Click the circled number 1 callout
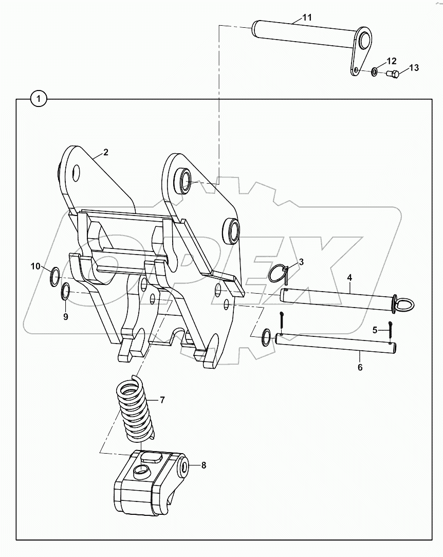39,98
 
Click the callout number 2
105,152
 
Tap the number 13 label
414,68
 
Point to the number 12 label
392,61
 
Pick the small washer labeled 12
373,70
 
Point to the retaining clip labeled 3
278,274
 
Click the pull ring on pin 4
404,304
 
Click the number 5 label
375,330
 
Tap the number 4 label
349,278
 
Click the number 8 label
204,465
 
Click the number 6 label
360,367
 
